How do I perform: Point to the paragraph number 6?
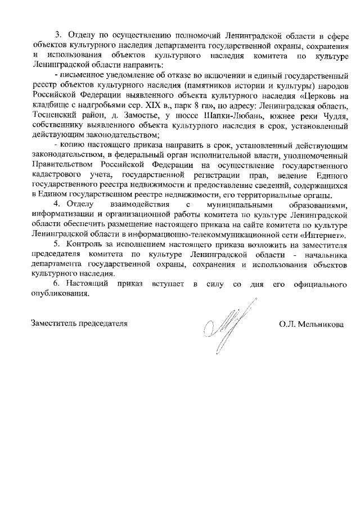(57, 284)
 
